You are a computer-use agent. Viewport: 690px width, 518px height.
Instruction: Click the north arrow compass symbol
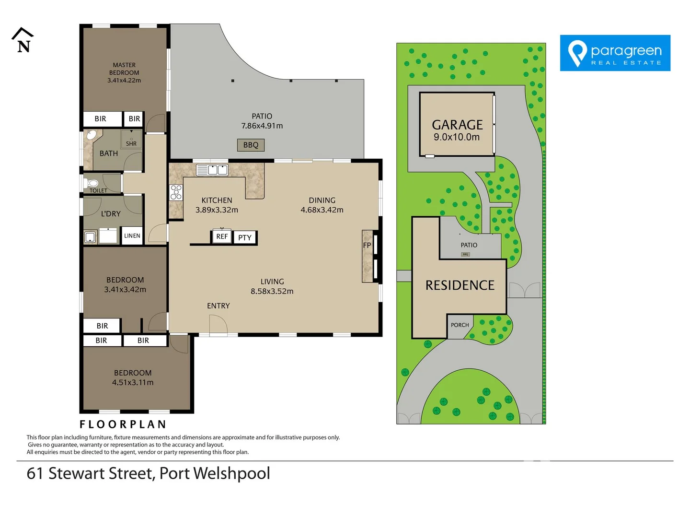click(x=23, y=40)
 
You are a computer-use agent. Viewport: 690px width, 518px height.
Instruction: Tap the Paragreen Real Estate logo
click(x=615, y=53)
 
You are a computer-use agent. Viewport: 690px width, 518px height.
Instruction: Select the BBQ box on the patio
click(x=251, y=145)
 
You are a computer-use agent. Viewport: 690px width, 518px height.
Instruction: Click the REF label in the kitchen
click(x=222, y=236)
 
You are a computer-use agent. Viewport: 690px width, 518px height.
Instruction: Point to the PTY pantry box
click(x=245, y=237)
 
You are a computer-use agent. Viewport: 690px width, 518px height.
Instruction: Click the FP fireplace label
click(x=367, y=245)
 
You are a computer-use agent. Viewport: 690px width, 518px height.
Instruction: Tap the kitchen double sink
click(x=212, y=170)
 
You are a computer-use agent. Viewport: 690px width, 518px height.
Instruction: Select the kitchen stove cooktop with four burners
click(x=176, y=192)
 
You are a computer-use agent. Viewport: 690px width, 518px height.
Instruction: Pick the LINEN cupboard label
click(x=132, y=235)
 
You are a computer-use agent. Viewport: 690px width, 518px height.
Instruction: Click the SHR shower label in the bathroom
click(x=131, y=143)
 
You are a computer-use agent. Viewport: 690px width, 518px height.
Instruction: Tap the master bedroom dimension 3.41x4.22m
click(x=124, y=81)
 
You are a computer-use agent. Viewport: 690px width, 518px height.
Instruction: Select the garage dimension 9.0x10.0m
click(x=457, y=137)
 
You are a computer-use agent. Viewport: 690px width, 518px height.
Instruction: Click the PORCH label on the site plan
click(x=460, y=325)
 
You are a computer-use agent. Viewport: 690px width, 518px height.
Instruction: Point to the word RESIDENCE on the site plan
click(x=460, y=285)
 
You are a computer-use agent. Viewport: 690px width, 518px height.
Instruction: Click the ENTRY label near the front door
click(x=218, y=306)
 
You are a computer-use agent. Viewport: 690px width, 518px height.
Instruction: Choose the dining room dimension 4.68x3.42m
click(x=322, y=210)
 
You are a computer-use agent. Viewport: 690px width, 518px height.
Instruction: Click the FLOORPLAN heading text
click(x=123, y=424)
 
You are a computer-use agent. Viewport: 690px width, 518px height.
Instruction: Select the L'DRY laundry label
click(x=111, y=213)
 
